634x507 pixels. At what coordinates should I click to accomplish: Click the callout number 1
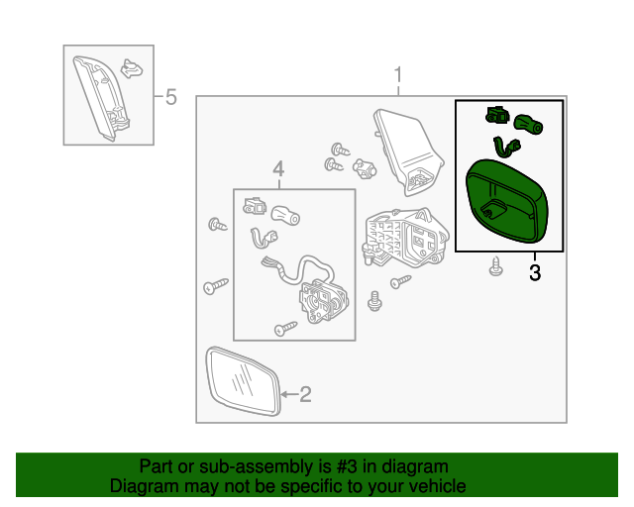[398, 75]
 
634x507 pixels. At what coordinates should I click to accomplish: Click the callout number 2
[305, 394]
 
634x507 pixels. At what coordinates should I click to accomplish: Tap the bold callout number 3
[535, 273]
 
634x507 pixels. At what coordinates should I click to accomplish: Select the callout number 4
[278, 169]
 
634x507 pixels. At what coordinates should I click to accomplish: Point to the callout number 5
[171, 97]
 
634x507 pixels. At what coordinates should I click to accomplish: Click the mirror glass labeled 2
[244, 381]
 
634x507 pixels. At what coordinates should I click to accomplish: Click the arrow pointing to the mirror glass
[289, 394]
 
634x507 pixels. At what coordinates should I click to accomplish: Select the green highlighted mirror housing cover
[507, 201]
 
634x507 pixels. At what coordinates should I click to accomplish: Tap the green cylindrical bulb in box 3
[528, 124]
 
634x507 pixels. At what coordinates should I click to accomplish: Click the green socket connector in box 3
[497, 115]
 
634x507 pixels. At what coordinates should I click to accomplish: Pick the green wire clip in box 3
[506, 148]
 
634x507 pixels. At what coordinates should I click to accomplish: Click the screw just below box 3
[496, 266]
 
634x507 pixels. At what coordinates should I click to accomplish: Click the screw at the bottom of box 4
[286, 329]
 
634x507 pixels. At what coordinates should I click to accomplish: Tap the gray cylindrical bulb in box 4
[285, 216]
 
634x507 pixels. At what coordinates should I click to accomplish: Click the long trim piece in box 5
[101, 98]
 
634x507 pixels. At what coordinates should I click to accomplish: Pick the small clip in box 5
[132, 68]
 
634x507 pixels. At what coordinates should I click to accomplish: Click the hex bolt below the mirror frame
[374, 301]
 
